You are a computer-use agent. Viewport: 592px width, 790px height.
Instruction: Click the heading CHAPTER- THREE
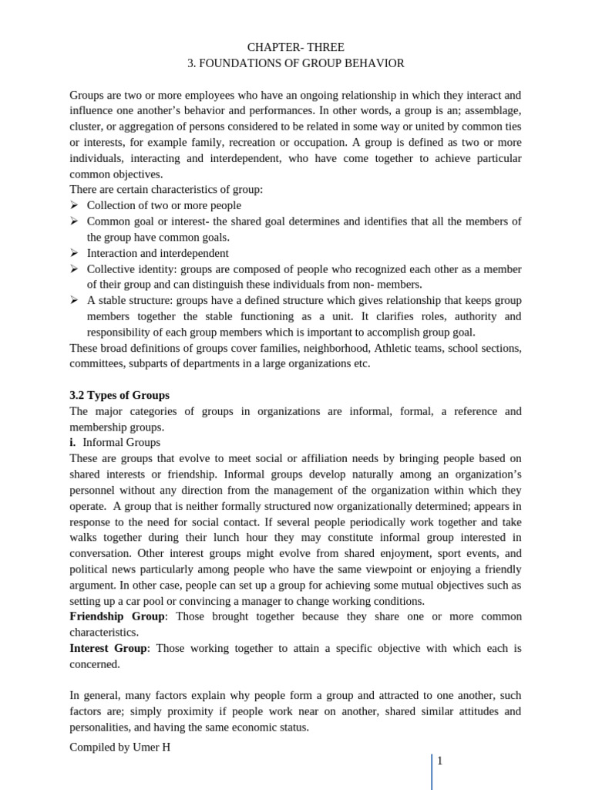[296, 47]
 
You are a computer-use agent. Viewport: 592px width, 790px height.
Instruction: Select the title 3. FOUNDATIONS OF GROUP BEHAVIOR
[296, 63]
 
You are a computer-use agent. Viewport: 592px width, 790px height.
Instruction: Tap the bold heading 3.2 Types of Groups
[119, 395]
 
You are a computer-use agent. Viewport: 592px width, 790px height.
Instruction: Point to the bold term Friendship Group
[117, 616]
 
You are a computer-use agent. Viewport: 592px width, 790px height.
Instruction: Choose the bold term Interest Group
[109, 648]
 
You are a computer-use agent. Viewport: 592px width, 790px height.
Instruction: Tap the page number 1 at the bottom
[440, 761]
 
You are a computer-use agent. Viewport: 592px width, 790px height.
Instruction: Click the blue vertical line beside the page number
[432, 771]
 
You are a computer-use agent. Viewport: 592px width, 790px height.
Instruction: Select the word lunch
[230, 538]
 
